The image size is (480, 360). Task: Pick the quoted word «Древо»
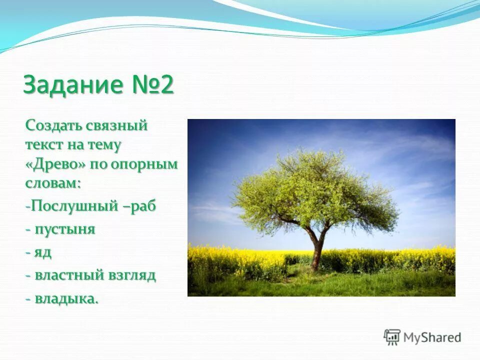click(x=55, y=164)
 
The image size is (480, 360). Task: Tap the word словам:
click(x=53, y=183)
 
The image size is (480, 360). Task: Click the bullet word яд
click(x=43, y=252)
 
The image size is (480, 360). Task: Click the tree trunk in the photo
click(x=316, y=252)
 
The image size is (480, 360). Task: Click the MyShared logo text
click(x=432, y=337)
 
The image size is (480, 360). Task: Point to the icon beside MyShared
click(x=392, y=337)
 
